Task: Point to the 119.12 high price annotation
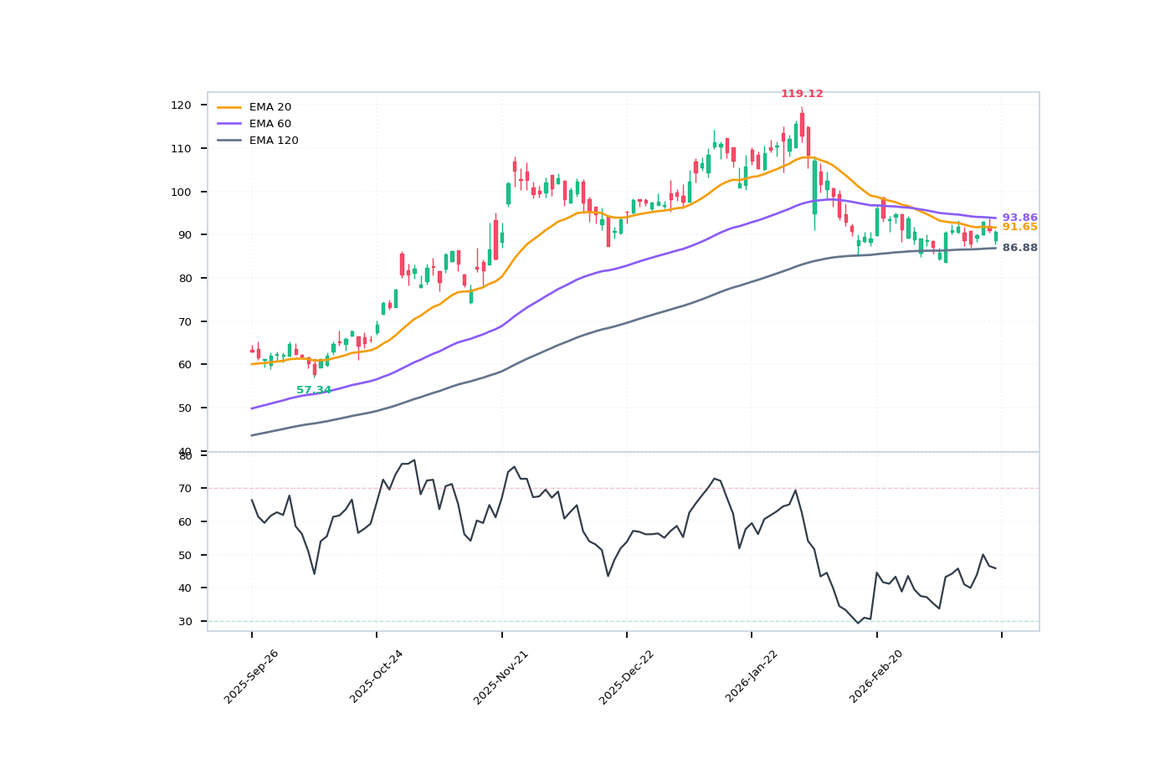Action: tap(802, 94)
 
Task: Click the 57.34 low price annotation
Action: tap(314, 390)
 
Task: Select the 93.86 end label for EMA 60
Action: tap(1019, 218)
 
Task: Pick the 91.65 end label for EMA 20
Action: tap(1019, 227)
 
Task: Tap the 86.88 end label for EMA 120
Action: tap(1019, 248)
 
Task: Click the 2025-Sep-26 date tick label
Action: tap(251, 676)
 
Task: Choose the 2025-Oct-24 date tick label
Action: tap(376, 676)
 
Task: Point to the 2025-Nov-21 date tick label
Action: tap(501, 676)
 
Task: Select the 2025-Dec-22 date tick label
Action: tap(626, 676)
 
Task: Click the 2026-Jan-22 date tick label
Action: tap(751, 676)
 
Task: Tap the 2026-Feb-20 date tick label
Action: tap(875, 676)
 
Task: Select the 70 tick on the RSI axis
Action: tap(184, 488)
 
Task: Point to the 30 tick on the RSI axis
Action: tap(184, 622)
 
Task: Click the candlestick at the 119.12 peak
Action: tap(802, 124)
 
